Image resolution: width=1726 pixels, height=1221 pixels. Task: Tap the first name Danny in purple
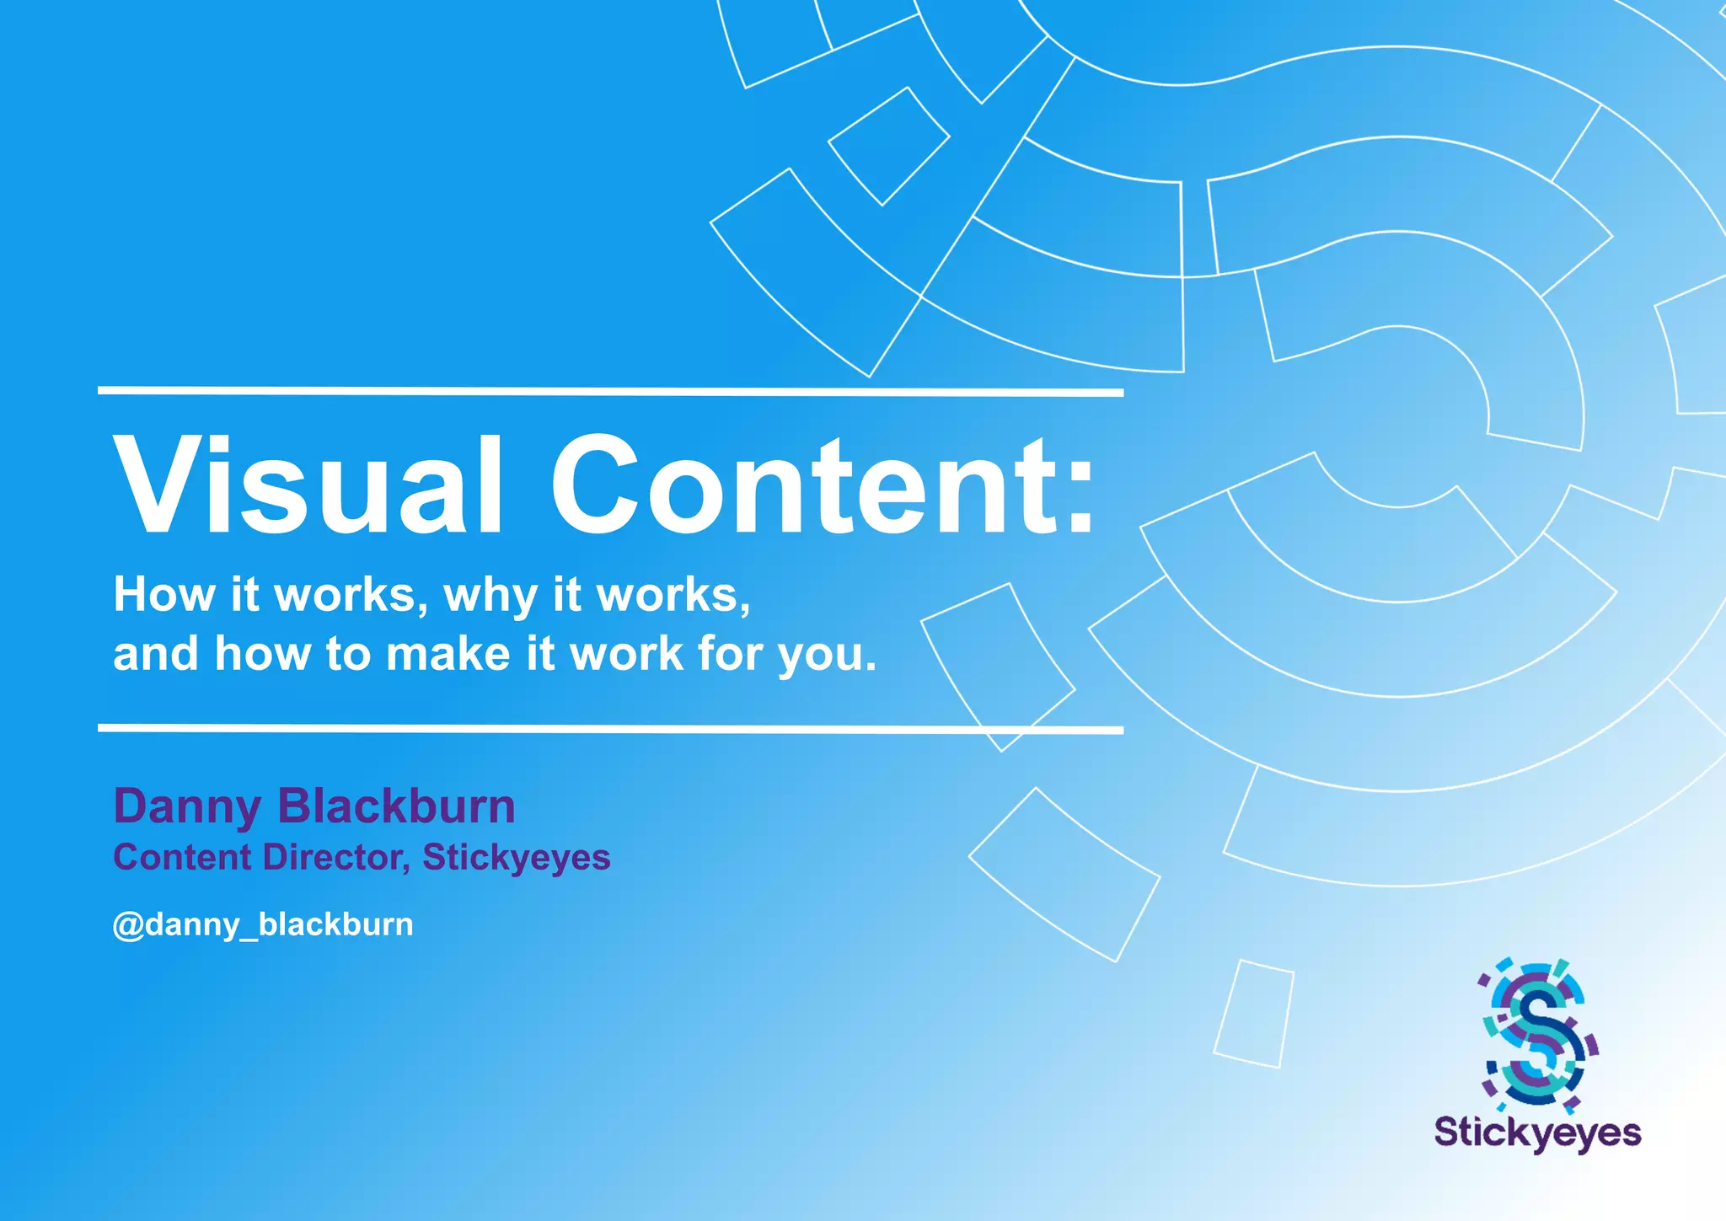tap(187, 807)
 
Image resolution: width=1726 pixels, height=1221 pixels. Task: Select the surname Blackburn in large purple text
tap(396, 806)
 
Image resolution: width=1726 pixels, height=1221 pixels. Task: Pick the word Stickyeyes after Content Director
tap(516, 858)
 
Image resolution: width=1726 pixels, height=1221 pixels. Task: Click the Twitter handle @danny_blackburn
tap(263, 924)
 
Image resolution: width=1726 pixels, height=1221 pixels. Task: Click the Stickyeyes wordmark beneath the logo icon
tap(1537, 1132)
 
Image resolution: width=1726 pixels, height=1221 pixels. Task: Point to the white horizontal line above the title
tap(610, 392)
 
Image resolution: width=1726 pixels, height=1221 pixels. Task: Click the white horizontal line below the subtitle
tap(610, 729)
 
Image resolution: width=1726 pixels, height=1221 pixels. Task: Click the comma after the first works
tap(422, 609)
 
